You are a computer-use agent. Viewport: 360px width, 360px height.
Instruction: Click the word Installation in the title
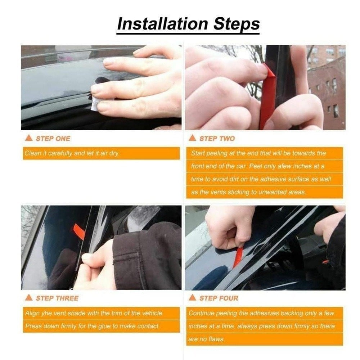pyautogui.click(x=163, y=24)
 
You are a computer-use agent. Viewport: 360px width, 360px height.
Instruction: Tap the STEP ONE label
pyautogui.click(x=53, y=139)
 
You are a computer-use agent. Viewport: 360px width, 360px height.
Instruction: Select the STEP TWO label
pyautogui.click(x=217, y=139)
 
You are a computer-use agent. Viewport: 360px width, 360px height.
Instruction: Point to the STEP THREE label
pyautogui.click(x=57, y=298)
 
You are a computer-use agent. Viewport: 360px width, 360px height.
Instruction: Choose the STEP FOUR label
pyautogui.click(x=219, y=298)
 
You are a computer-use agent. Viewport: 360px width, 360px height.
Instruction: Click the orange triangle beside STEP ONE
pyautogui.click(x=29, y=138)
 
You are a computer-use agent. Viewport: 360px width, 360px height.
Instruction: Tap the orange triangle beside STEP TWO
pyautogui.click(x=192, y=138)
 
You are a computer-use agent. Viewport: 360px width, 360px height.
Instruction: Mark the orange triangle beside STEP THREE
pyautogui.click(x=29, y=298)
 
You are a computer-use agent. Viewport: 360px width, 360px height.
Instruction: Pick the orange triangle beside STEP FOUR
pyautogui.click(x=192, y=298)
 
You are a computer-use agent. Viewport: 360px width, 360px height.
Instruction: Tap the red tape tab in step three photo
pyautogui.click(x=79, y=231)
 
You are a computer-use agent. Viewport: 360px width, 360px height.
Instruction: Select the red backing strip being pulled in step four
pyautogui.click(x=237, y=257)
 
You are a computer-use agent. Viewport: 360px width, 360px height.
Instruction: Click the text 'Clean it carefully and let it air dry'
pyautogui.click(x=72, y=153)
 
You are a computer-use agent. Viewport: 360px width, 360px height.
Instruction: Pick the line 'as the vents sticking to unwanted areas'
pyautogui.click(x=248, y=192)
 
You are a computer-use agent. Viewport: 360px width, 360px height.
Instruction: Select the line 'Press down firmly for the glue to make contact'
pyautogui.click(x=92, y=326)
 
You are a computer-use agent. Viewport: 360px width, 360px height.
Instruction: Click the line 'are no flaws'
pyautogui.click(x=206, y=339)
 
